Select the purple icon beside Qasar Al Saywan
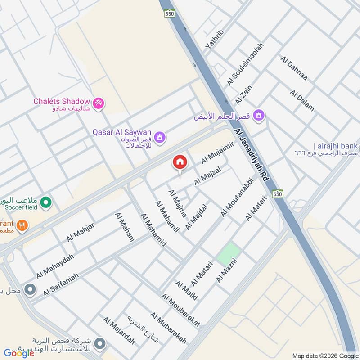[x=159, y=136]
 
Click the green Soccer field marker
[x=45, y=203]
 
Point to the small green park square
[x=229, y=253]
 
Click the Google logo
[x=19, y=353]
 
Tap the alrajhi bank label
[x=336, y=146]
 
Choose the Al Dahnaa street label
[x=294, y=68]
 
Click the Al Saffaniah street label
[x=61, y=285]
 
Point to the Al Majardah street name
[x=119, y=330]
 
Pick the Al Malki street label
[x=186, y=291]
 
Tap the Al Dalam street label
[x=302, y=101]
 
